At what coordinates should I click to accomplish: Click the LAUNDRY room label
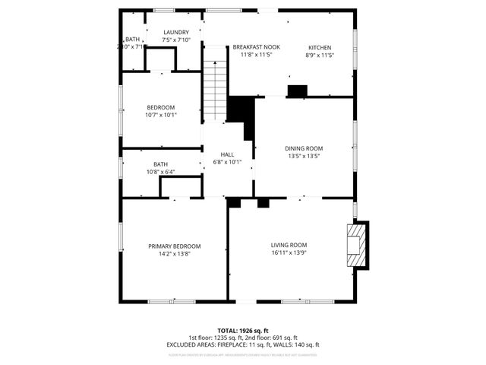coord(175,32)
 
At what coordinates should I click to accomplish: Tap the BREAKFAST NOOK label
coord(256,47)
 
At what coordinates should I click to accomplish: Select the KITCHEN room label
coord(319,47)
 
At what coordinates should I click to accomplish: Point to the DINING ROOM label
coord(304,148)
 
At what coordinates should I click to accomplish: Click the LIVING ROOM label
coord(289,245)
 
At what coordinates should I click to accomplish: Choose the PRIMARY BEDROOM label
coord(174,246)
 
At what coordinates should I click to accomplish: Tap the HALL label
coord(226,154)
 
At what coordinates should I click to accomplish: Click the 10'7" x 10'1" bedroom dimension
coord(161,116)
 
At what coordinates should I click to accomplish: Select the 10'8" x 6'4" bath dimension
coord(160,172)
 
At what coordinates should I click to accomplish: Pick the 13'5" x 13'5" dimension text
coord(304,156)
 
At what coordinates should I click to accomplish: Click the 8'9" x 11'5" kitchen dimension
coord(319,55)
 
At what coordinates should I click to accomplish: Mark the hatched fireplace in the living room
coord(355,245)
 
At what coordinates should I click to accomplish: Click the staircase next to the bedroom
coord(215,84)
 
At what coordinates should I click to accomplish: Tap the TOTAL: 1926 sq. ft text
coord(243,331)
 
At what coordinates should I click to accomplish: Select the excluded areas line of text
coord(243,344)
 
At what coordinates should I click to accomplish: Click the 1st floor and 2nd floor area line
coord(243,338)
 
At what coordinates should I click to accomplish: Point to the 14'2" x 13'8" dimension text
coord(174,254)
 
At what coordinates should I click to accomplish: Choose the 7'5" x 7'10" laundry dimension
coord(175,40)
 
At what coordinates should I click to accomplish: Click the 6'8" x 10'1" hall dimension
coord(226,161)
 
